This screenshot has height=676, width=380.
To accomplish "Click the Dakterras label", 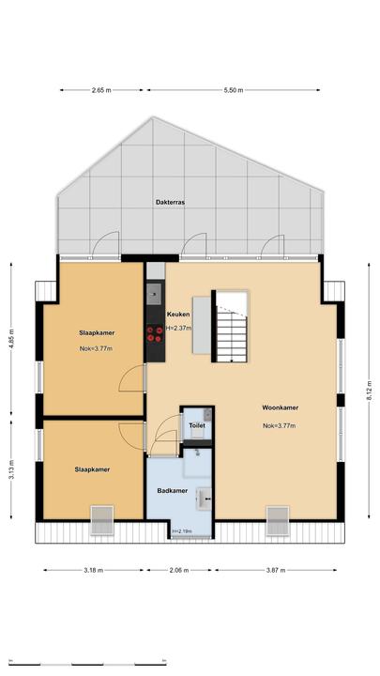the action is coord(170,202).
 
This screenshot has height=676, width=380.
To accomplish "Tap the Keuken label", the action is coord(178,315).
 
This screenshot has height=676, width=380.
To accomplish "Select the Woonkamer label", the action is coord(280,407).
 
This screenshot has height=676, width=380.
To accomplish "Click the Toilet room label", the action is coord(196,425).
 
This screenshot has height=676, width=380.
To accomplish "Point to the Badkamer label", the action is coord(173,491).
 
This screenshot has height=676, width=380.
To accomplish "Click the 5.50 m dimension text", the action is coord(234,90).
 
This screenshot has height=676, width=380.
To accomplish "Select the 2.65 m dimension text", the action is coord(101,90).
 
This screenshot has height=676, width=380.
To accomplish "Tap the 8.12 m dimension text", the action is coord(369,392).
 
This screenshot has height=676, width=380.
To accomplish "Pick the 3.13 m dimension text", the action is coord(11,470).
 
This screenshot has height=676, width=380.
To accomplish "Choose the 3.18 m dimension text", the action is coord(94,570).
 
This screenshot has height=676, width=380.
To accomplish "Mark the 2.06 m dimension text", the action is coord(179,570).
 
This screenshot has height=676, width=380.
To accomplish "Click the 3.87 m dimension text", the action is coord(275,570).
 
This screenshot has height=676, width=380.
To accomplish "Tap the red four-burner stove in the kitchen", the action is coord(155,334).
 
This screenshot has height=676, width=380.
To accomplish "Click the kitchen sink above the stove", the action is coord(154,294).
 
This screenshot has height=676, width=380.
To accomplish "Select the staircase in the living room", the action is coord(232,327).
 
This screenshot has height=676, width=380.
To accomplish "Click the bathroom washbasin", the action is coord(204,499).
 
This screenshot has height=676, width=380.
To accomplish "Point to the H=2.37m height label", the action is coord(179,328).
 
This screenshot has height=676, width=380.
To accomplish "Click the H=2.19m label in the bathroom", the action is coord(182,531).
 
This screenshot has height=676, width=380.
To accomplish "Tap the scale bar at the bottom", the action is coord(87,664).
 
